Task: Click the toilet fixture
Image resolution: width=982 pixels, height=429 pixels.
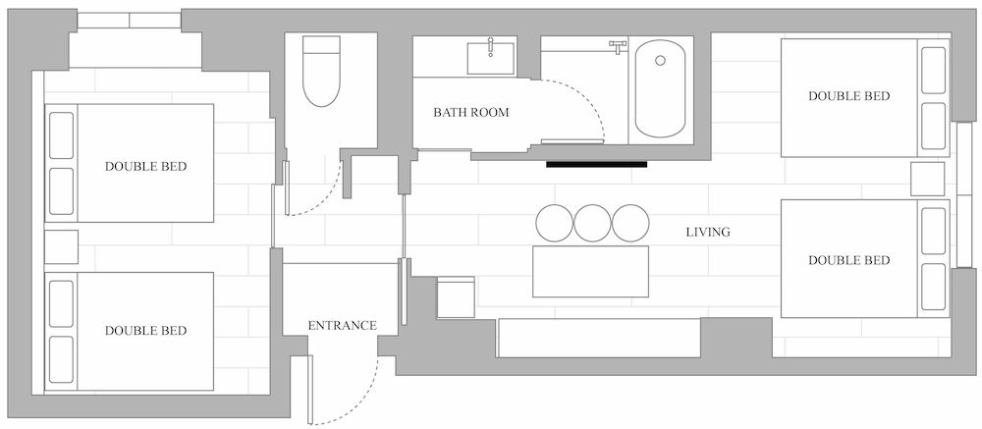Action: [x=321, y=70]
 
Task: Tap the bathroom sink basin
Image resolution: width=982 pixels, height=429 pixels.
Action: [x=490, y=58]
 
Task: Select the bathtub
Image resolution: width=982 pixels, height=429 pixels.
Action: [x=660, y=88]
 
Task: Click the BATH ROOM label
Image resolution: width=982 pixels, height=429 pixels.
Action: [x=471, y=113]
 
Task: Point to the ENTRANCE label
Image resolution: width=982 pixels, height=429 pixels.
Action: [x=342, y=326]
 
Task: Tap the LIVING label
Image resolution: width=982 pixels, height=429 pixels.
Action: [x=708, y=233]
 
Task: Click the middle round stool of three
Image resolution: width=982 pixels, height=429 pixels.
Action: [x=592, y=224]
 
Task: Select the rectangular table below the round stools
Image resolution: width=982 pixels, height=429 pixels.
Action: [x=590, y=272]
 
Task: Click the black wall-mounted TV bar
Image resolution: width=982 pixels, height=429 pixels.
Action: [x=596, y=164]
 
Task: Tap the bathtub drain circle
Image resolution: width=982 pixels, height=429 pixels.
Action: [x=660, y=61]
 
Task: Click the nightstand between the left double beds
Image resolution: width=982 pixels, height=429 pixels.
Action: [x=61, y=246]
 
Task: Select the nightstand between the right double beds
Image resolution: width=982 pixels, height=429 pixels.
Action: [x=927, y=179]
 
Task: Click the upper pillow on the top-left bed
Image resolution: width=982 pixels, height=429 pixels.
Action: [x=61, y=135]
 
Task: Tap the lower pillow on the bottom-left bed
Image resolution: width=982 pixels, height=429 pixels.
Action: [x=61, y=360]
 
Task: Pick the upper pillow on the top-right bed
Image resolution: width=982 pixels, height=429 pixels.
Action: [x=933, y=70]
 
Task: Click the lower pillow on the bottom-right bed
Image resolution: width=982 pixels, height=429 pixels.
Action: [x=933, y=287]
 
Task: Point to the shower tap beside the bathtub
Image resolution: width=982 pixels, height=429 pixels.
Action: [x=618, y=46]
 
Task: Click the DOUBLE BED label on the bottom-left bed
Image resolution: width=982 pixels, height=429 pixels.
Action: [x=146, y=331]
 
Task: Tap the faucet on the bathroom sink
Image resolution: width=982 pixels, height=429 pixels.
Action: [x=491, y=46]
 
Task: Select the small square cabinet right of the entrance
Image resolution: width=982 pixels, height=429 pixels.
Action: [x=456, y=296]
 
